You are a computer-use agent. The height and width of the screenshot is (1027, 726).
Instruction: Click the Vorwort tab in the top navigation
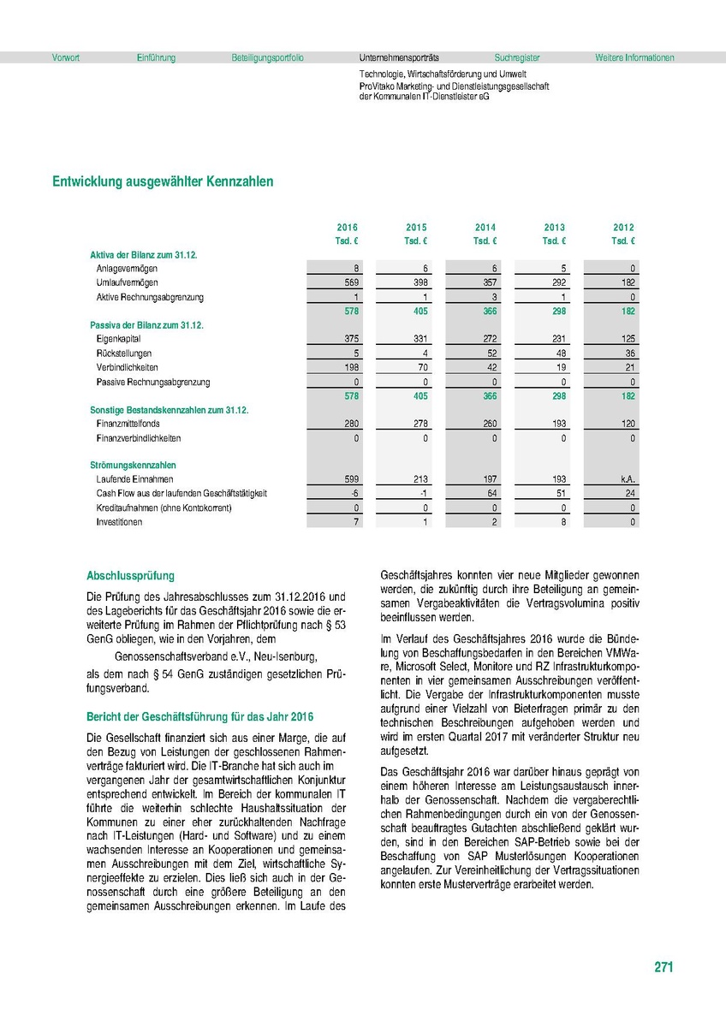pos(66,58)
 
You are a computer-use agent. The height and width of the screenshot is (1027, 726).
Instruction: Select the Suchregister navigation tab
pos(517,58)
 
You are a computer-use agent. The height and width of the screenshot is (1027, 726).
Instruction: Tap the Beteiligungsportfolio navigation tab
pos(267,58)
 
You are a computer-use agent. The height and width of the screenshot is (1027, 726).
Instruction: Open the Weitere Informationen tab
pos(634,58)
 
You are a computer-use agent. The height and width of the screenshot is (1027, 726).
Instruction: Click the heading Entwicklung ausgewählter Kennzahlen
pos(163,181)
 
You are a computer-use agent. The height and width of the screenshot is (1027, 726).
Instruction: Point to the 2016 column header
pos(347,228)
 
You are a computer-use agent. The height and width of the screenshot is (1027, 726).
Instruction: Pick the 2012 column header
pos(624,228)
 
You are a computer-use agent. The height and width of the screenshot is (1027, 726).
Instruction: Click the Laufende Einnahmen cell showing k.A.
pos(627,480)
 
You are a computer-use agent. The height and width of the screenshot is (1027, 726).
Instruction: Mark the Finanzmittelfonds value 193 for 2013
pos(557,424)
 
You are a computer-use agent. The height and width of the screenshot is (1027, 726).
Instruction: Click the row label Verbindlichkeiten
pos(128,367)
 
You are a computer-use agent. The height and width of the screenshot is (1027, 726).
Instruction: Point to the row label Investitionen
pos(119,522)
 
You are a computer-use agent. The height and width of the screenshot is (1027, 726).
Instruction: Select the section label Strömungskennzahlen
pos(127,466)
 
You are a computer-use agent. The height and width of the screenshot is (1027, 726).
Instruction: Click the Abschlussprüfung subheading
pos(130,576)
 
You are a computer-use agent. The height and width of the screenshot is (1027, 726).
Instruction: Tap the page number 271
pos(664,967)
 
